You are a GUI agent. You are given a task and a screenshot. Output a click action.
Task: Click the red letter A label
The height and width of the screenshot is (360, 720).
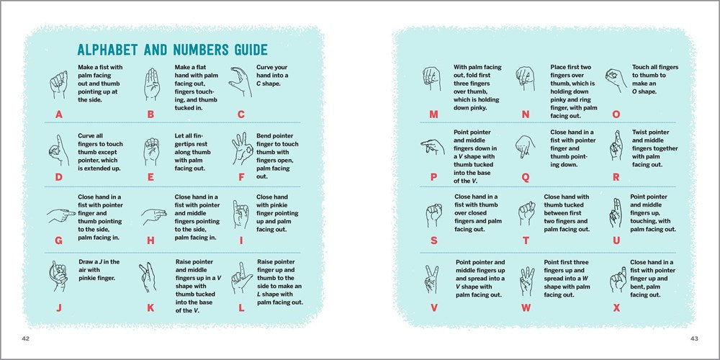click(x=58, y=114)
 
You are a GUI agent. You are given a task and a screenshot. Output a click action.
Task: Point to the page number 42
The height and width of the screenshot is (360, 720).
click(x=25, y=338)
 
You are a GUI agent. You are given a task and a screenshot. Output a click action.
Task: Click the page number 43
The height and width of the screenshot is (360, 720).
click(x=694, y=338)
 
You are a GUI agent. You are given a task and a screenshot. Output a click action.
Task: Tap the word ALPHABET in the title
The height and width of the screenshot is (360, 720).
click(x=114, y=50)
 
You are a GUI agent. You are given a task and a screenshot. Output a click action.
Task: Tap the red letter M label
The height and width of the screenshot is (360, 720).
click(x=433, y=114)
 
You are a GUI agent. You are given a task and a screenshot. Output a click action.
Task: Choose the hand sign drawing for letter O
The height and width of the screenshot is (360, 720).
click(x=614, y=79)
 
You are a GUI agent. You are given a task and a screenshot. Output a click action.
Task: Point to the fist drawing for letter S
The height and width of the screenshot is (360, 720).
click(x=433, y=213)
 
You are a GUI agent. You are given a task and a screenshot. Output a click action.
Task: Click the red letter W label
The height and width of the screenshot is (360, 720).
click(x=526, y=307)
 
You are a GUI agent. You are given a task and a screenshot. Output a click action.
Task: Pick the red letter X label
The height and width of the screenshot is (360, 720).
click(x=616, y=307)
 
